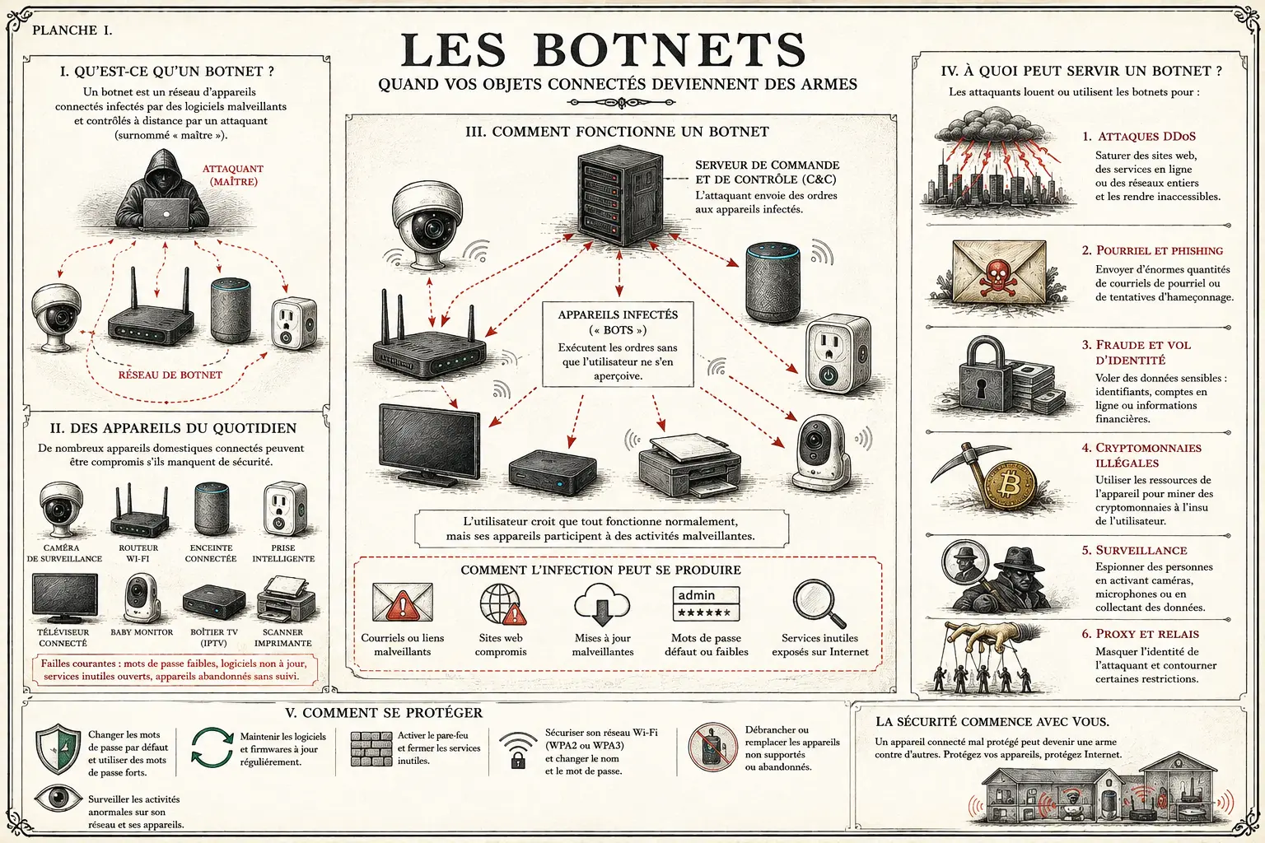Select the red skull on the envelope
(998, 277)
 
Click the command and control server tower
(620, 195)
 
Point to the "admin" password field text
(696, 595)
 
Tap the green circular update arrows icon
(212, 748)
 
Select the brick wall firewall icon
(371, 748)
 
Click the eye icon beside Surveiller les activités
(58, 798)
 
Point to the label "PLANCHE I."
(72, 30)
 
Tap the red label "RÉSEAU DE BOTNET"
(170, 375)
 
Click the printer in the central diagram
(689, 465)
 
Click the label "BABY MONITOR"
(142, 632)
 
